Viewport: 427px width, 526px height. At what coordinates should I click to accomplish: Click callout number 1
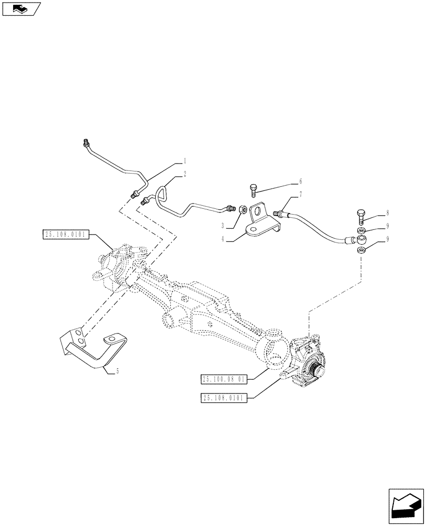pyautogui.click(x=184, y=161)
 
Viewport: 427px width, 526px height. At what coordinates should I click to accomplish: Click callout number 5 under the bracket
pyautogui.click(x=117, y=371)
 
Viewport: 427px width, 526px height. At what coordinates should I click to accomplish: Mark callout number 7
pyautogui.click(x=301, y=194)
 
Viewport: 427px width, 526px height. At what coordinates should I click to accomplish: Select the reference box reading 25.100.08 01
pyautogui.click(x=226, y=379)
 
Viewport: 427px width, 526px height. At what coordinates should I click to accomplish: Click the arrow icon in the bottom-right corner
pyautogui.click(x=405, y=504)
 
